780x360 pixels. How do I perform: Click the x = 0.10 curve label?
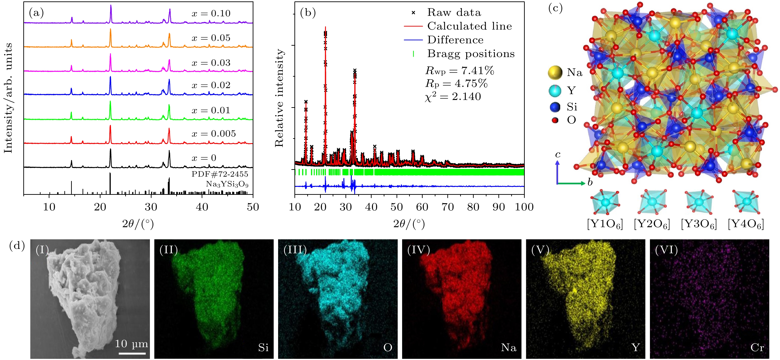(211, 14)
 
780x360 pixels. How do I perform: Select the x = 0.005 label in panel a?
(214, 134)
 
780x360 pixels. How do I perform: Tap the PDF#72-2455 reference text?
(220, 174)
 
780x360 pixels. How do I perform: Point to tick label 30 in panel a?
(151, 207)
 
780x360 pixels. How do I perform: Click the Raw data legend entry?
(454, 12)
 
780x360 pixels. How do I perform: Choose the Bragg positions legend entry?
(471, 54)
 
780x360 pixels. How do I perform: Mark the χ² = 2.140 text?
(453, 97)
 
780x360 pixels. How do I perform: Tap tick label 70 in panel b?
(448, 207)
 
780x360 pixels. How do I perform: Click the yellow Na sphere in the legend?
(555, 73)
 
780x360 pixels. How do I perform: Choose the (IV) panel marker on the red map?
(418, 250)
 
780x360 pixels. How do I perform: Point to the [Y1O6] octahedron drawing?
(605, 202)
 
